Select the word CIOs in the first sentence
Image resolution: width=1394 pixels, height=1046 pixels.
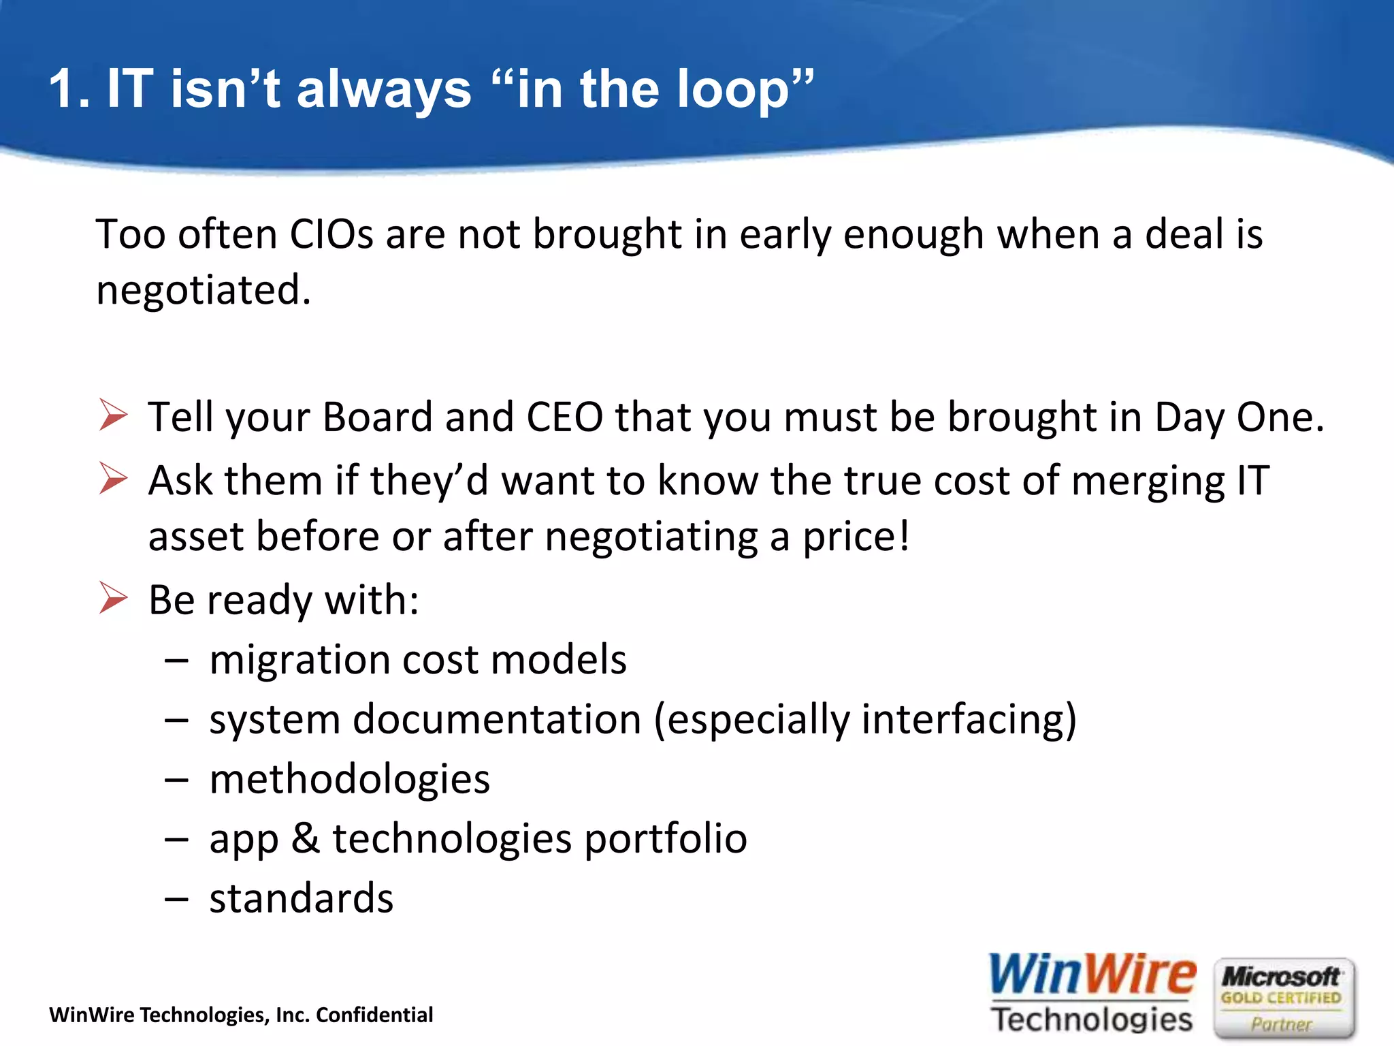(331, 235)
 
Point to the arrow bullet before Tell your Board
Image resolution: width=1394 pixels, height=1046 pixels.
(113, 415)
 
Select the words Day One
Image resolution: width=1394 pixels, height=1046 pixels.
(1239, 418)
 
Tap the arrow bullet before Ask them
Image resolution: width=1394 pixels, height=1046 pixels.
(113, 478)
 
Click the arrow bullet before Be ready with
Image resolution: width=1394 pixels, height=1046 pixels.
(113, 598)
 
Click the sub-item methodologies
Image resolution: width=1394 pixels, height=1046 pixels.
(349, 780)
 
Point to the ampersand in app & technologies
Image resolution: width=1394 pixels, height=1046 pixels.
(306, 838)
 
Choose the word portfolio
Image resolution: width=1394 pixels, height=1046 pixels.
(665, 840)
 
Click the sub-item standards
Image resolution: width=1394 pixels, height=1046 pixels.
(301, 899)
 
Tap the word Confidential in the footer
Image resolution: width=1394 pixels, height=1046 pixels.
(374, 1015)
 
